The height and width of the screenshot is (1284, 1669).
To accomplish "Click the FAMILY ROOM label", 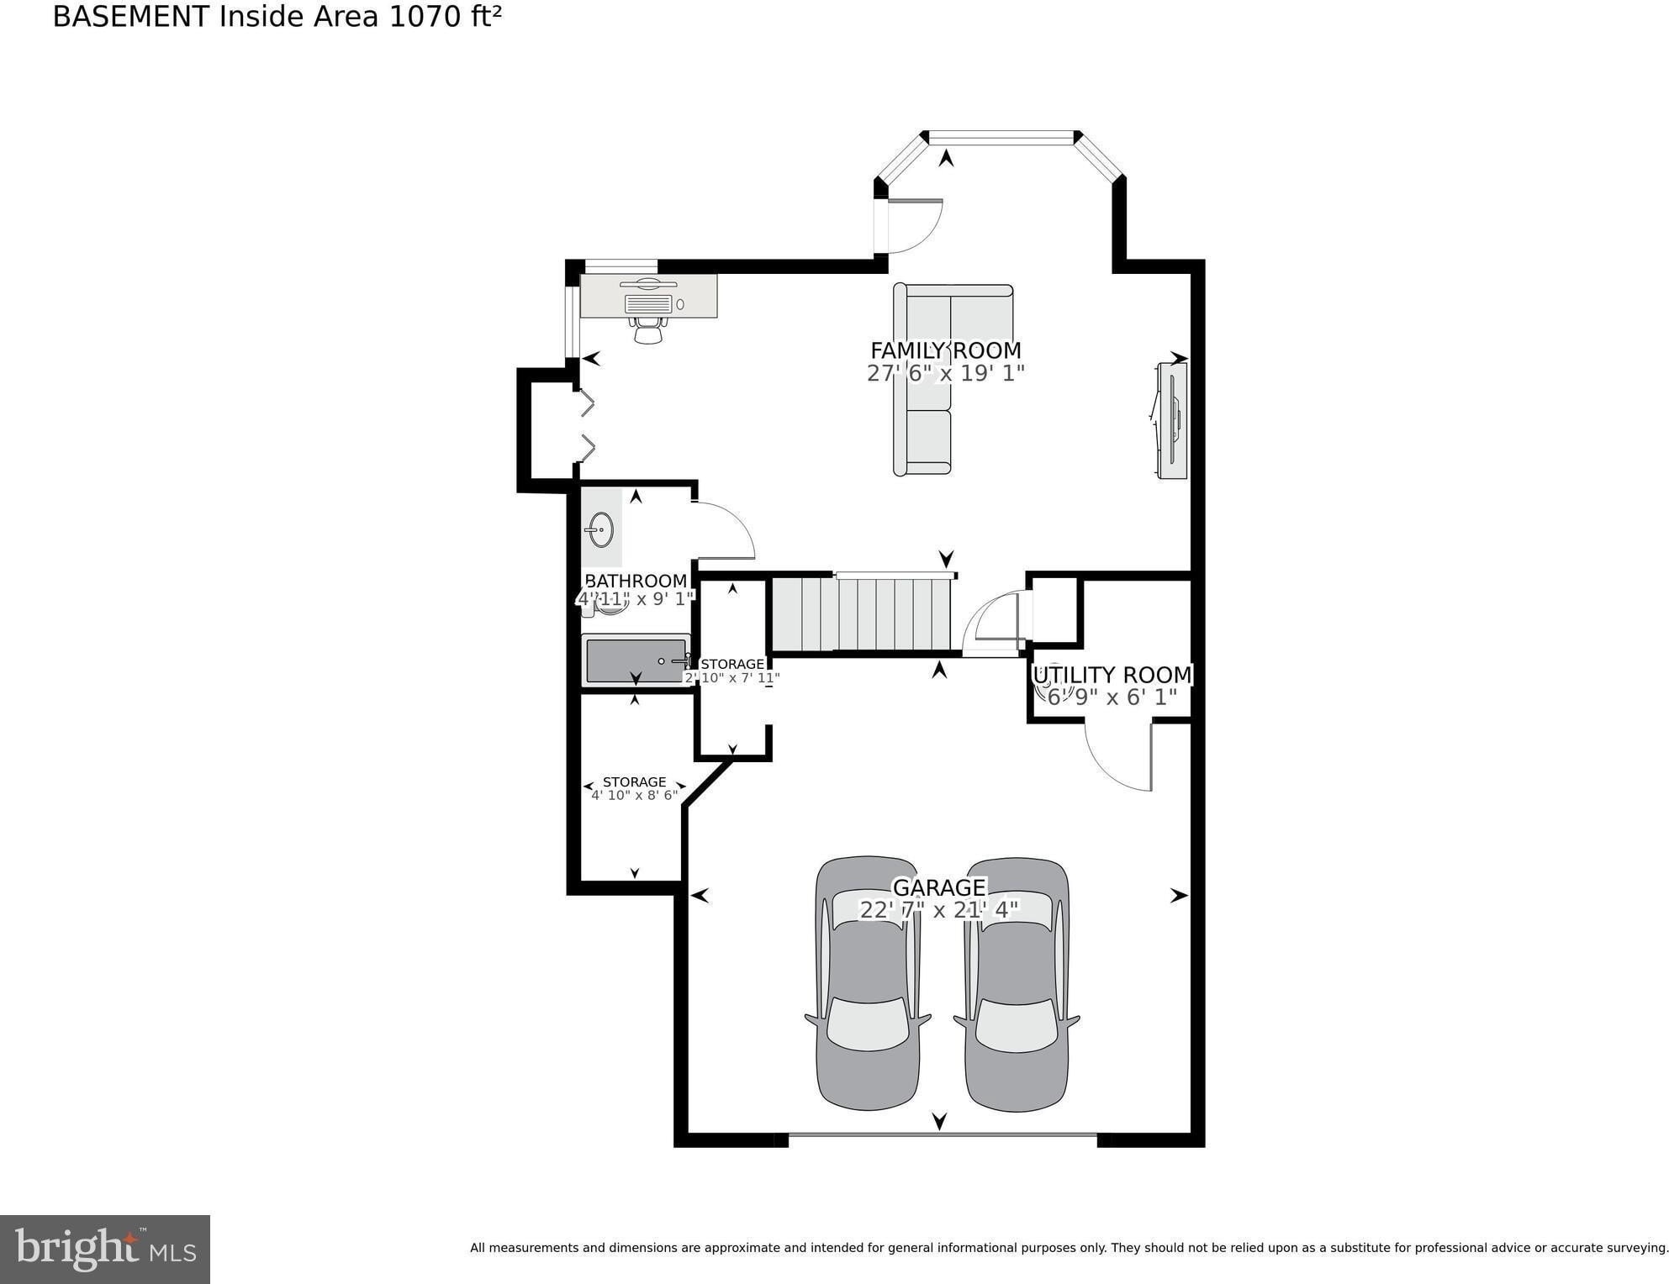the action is coord(945,350).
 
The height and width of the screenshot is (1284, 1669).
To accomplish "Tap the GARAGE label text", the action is coord(939,887).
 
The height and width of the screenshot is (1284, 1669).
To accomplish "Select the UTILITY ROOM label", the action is coord(1112,675).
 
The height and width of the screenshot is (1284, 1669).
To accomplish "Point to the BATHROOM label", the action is coord(636,581).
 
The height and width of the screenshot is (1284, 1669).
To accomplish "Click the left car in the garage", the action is coord(869,983).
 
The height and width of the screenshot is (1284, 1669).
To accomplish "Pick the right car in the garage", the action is coord(1017,983).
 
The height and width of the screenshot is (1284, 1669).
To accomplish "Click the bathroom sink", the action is coord(600,529).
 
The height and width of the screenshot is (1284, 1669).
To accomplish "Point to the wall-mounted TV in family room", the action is coord(1171,420).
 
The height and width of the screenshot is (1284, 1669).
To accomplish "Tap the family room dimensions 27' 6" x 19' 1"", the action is coord(946,373).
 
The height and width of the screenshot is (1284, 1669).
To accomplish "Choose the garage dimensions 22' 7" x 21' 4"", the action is coord(939,909).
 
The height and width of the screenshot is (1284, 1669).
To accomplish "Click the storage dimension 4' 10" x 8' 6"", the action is coord(634,795).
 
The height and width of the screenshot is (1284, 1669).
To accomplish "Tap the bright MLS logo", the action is coord(105,1250).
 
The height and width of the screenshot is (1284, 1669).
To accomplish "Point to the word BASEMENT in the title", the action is coord(131,17).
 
